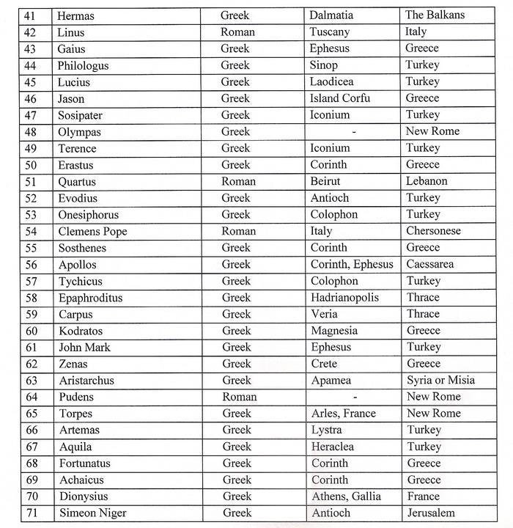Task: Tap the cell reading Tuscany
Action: tap(329, 32)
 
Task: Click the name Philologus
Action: tap(83, 65)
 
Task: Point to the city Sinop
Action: tap(324, 65)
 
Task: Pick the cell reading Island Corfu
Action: tap(339, 98)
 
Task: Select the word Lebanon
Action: tap(426, 181)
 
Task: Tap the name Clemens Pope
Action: tap(93, 231)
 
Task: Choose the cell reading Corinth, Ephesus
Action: tap(352, 264)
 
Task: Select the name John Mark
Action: tap(85, 347)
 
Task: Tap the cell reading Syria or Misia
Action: tap(440, 380)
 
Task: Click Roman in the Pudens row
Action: tap(239, 397)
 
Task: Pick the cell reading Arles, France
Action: tap(343, 413)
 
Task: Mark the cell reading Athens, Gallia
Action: tap(346, 496)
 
